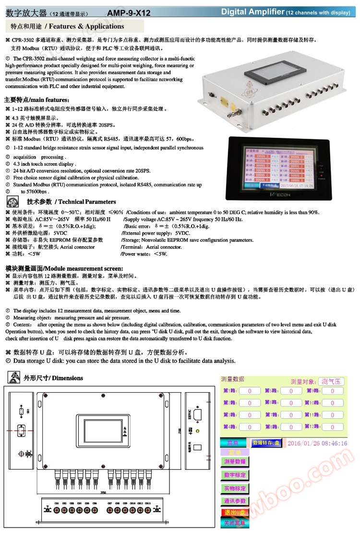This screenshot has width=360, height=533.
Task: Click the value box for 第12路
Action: [332, 427]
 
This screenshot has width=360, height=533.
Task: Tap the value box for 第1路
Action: [250, 390]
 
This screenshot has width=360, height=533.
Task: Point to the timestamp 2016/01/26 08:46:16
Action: [317, 443]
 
